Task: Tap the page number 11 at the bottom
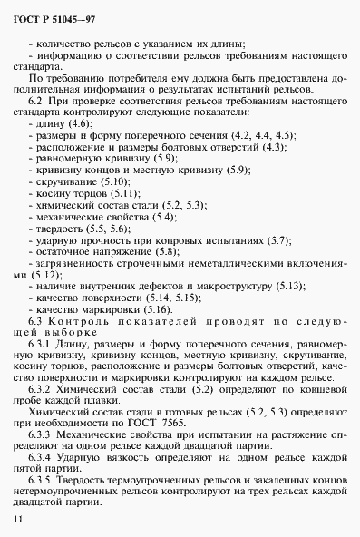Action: point(19,518)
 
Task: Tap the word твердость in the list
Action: point(59,254)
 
